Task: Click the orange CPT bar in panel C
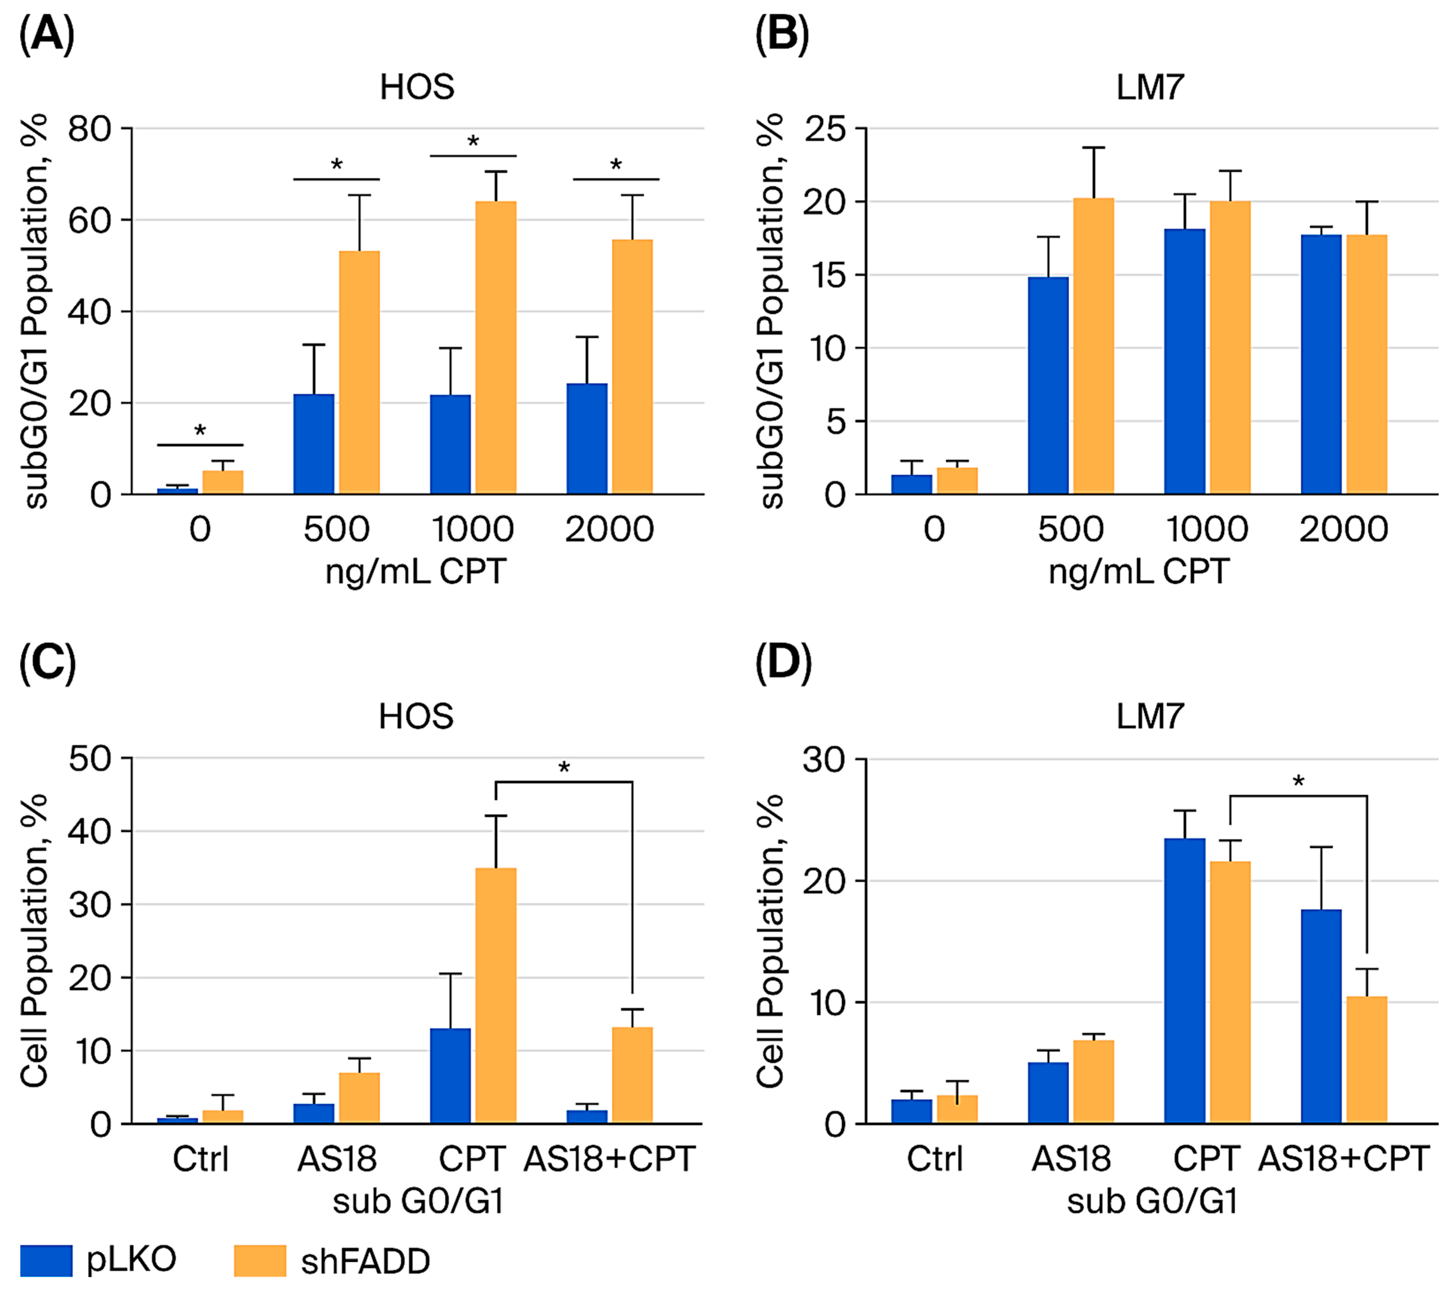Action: pos(496,995)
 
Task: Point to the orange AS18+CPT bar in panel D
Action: pos(1366,1059)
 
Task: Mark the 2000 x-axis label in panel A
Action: pos(609,529)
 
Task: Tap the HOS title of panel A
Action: pos(417,87)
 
